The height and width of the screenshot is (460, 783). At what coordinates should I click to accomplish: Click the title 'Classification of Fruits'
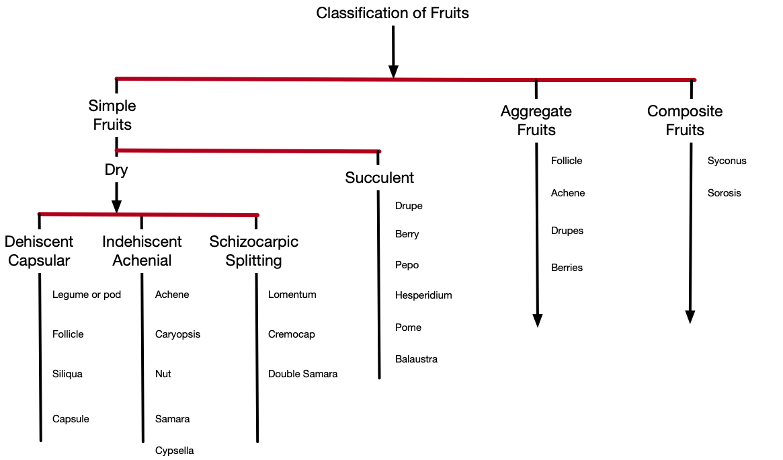coord(393,13)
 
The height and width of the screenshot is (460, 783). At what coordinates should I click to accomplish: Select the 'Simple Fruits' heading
coord(112,115)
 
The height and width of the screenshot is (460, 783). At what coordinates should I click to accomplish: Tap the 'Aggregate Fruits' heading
coord(536,120)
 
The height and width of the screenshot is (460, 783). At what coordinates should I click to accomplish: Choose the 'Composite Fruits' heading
coord(685,120)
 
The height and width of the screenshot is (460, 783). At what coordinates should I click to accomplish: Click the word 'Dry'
coord(116,170)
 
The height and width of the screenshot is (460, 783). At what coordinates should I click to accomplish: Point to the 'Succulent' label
coord(380,178)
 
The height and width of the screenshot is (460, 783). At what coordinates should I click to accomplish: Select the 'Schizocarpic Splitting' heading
coord(253,251)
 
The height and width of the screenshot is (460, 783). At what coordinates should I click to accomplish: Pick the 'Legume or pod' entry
coord(87,295)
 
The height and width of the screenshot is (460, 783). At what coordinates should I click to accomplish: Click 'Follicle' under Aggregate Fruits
coord(567,161)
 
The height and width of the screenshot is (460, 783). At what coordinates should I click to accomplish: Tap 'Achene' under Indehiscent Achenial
coord(172,295)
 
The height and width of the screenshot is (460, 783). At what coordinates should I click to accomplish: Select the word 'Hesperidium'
coord(423,296)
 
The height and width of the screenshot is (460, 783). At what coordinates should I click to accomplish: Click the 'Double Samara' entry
coord(302,374)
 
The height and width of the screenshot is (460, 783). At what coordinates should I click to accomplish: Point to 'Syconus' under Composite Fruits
coord(727,161)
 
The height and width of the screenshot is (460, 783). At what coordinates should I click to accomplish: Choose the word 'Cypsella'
coord(174,451)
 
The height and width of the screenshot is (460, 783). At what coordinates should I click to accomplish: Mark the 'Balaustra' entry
coord(417,359)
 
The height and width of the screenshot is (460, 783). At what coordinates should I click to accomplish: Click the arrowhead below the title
coord(393,71)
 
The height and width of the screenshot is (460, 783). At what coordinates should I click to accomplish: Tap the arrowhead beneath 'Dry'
coord(116,206)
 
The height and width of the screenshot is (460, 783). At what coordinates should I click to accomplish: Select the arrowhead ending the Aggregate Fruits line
coord(537,321)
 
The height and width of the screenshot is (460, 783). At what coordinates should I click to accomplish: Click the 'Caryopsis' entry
coord(178,335)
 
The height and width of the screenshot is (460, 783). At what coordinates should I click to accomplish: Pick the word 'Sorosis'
coord(724,193)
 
